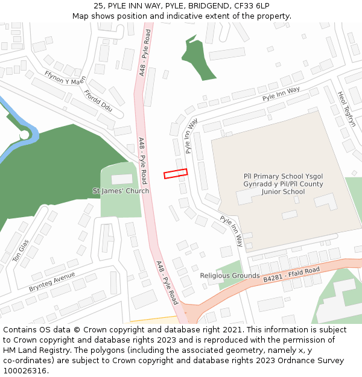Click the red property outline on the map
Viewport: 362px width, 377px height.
pos(176,174)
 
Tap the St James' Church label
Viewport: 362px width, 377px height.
pos(121,191)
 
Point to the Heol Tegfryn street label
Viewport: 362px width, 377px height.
pos(347,109)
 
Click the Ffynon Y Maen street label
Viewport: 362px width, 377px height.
pos(65,78)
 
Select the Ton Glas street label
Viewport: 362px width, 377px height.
pos(21,250)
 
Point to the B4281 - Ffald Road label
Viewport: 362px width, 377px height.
pos(291,274)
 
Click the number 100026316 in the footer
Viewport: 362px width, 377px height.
pos(26,370)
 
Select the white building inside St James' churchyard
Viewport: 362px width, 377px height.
pos(122,179)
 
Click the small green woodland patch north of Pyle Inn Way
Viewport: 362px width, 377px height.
pos(199,60)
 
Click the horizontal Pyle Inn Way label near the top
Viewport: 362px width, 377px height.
pos(281,93)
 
